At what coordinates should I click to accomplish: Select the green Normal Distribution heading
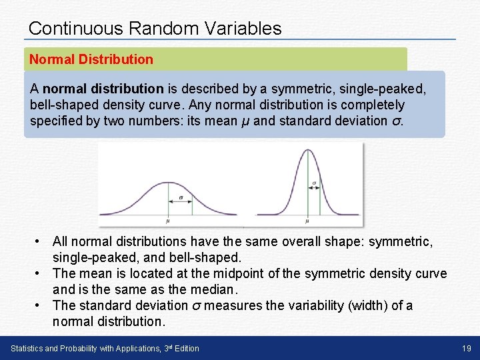91,59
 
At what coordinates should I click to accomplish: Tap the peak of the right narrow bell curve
307,151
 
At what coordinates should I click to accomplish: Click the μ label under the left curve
167,220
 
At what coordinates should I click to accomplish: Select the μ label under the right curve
307,220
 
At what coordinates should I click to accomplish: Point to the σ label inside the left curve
180,197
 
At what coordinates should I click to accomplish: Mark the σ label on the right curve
314,182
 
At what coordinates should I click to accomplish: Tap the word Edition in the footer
185,349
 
